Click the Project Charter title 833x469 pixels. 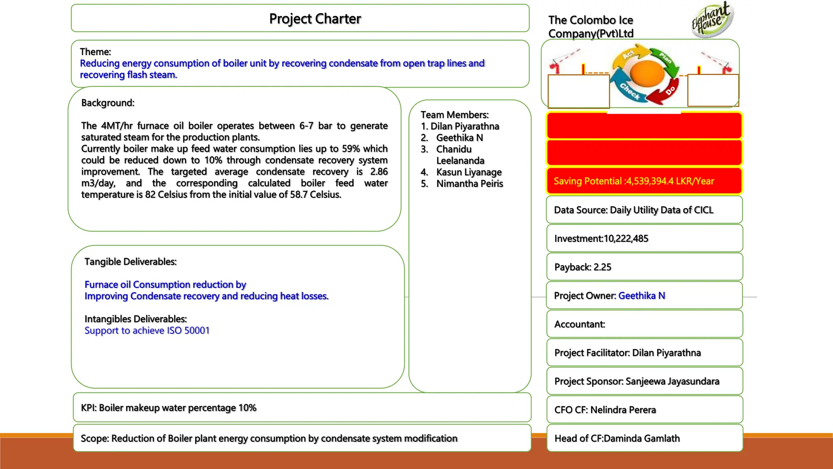(x=315, y=19)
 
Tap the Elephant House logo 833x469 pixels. (x=711, y=20)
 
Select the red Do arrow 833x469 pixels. (x=664, y=94)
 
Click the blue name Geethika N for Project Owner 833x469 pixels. (x=641, y=296)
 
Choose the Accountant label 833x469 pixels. (x=579, y=324)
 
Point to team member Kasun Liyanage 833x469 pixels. (x=469, y=172)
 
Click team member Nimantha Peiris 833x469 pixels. (x=469, y=184)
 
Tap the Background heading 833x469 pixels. (x=108, y=103)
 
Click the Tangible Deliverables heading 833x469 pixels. (x=131, y=261)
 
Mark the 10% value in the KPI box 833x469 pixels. (x=247, y=408)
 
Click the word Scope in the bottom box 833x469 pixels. (x=94, y=438)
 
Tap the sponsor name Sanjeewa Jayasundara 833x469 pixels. (x=672, y=381)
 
